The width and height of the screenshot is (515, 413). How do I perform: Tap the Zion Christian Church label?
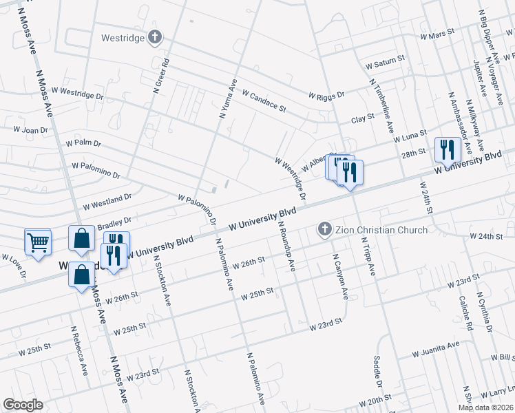383,230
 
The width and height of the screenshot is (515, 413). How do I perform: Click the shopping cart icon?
38,242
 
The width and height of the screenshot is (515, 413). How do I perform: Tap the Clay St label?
362,118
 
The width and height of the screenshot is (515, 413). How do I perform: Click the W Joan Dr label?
30,129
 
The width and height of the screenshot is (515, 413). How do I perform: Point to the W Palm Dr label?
83,144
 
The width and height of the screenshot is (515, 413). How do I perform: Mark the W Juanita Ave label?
436,348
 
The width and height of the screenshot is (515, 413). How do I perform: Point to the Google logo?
23,405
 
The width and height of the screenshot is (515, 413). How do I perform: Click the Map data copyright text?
485,407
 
